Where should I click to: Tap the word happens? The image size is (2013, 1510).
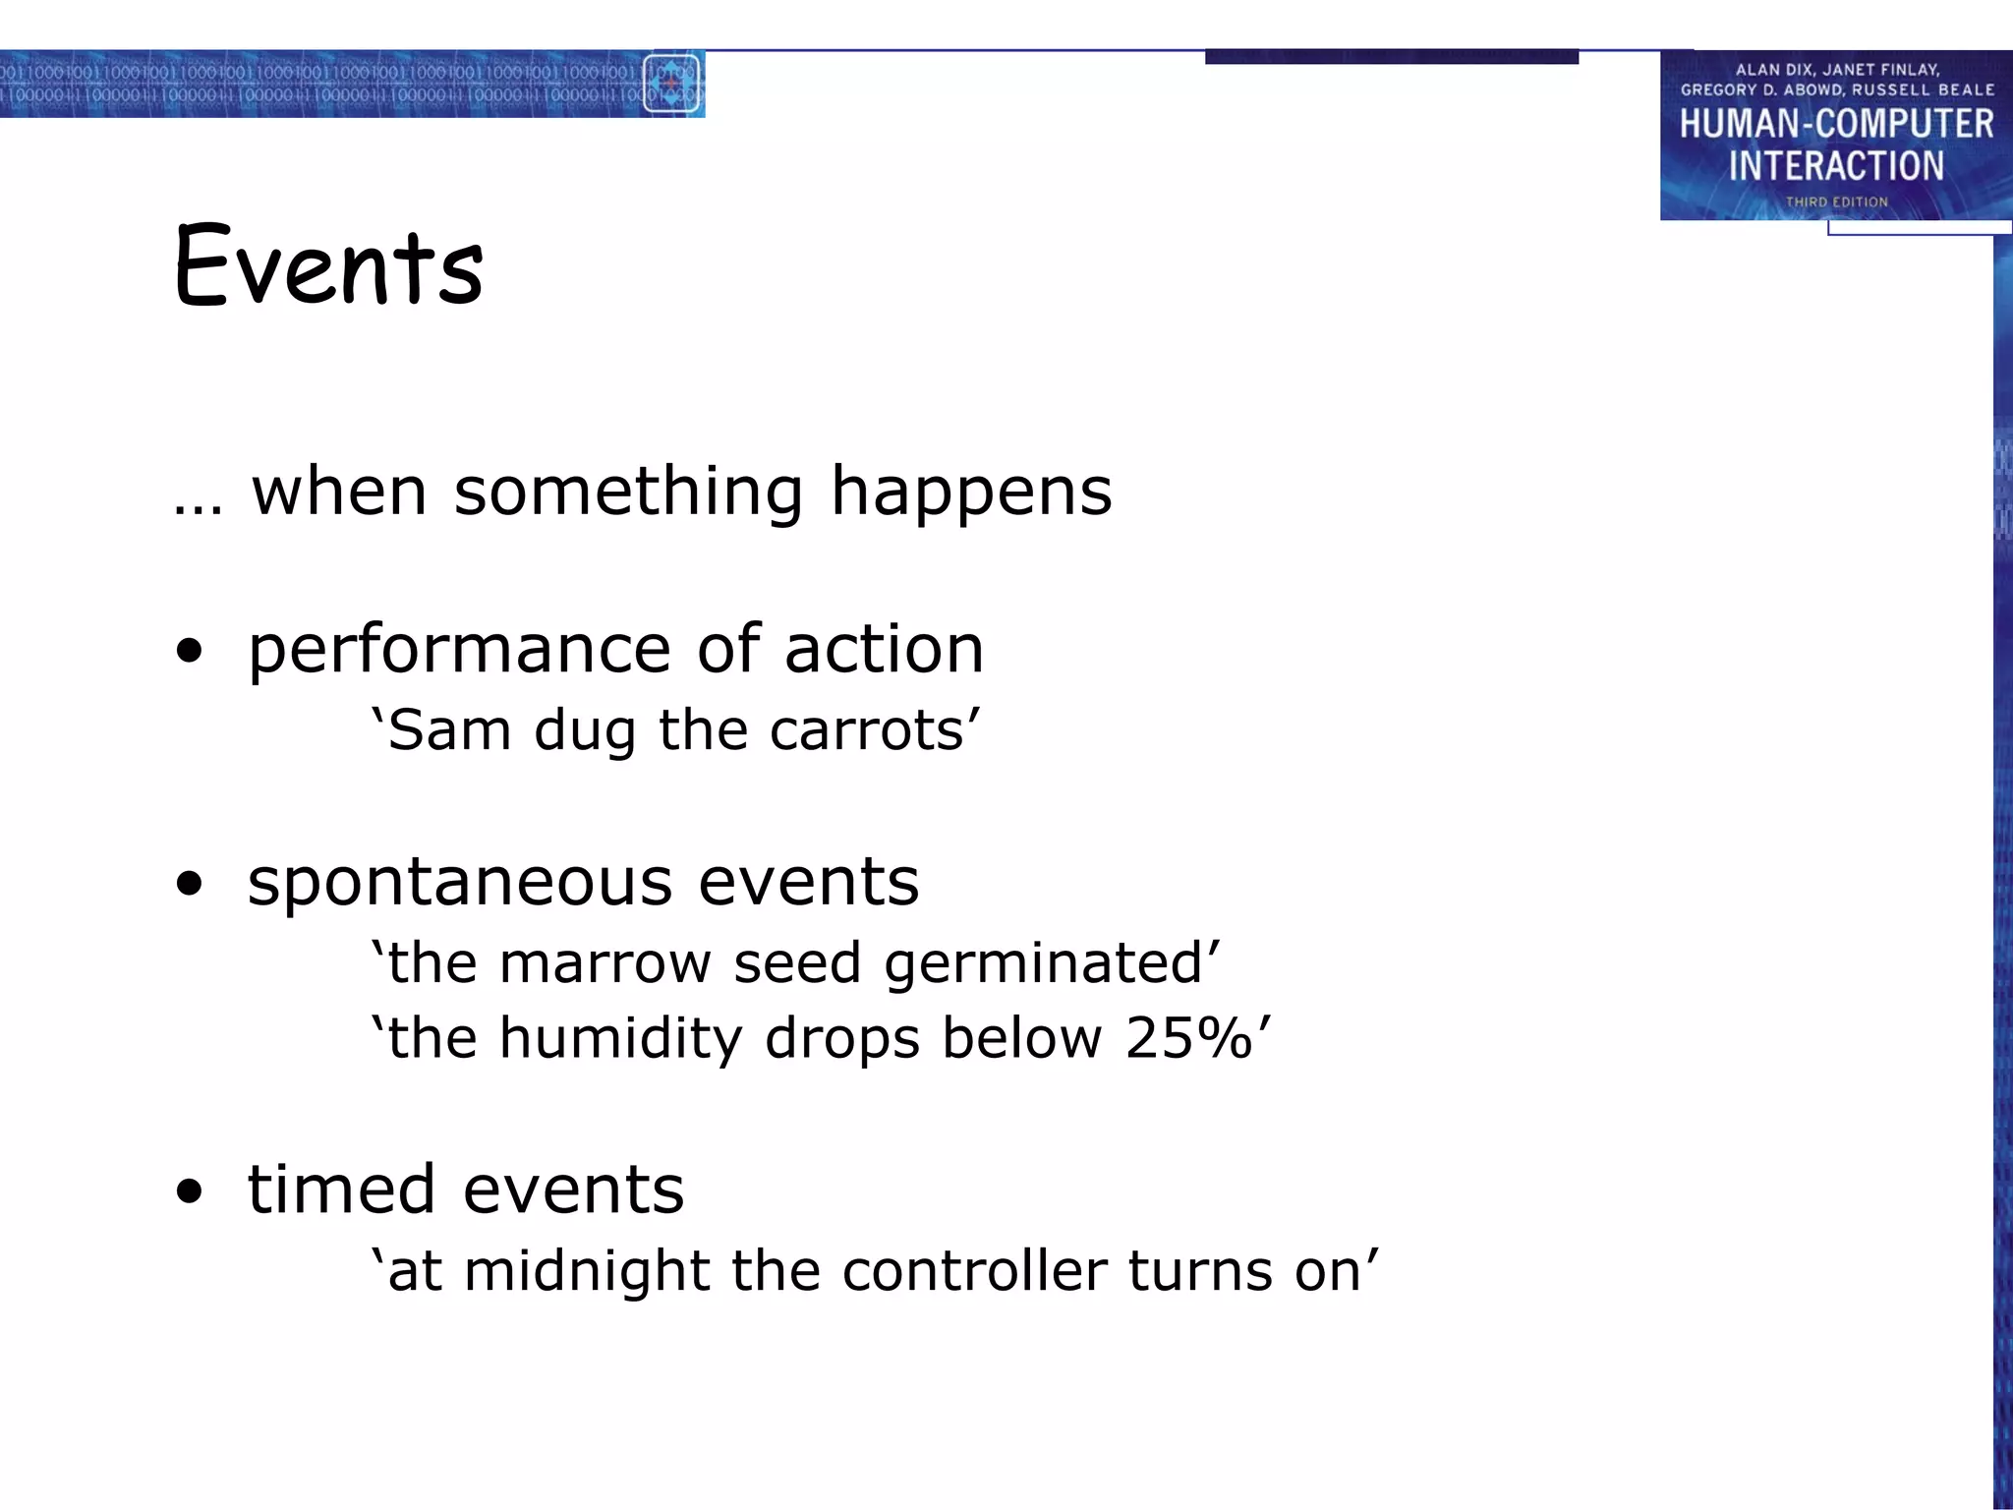tap(971, 492)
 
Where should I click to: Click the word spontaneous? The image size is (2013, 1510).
tap(460, 883)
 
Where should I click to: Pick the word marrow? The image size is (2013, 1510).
tap(604, 963)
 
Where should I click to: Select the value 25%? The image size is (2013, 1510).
tap(1189, 1038)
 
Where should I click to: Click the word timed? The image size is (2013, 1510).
tap(340, 1190)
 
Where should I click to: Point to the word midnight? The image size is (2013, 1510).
tap(587, 1272)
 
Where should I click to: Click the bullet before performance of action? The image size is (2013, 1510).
tap(189, 651)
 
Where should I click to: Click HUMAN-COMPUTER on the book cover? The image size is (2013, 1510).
tap(1836, 124)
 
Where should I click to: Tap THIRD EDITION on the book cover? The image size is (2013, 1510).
tap(1836, 202)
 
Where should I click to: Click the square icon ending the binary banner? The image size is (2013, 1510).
tap(671, 84)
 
